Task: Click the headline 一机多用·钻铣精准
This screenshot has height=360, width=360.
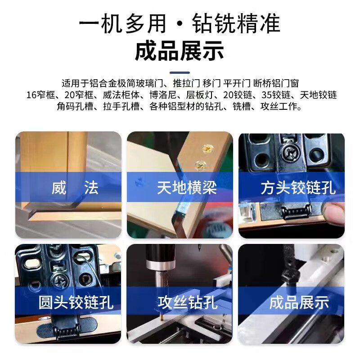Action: (x=180, y=23)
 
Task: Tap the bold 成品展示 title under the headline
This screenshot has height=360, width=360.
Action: (x=180, y=51)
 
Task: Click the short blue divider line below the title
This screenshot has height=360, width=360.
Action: (x=180, y=72)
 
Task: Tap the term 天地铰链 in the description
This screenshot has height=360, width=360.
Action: (x=318, y=95)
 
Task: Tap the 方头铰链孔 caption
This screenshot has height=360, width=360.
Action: (x=298, y=187)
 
